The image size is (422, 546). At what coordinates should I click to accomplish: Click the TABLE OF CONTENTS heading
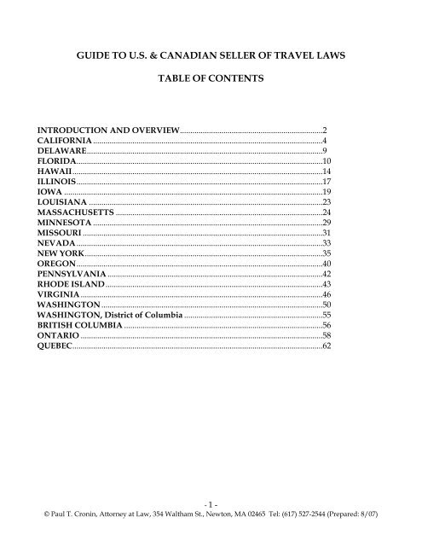[x=211, y=84]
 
